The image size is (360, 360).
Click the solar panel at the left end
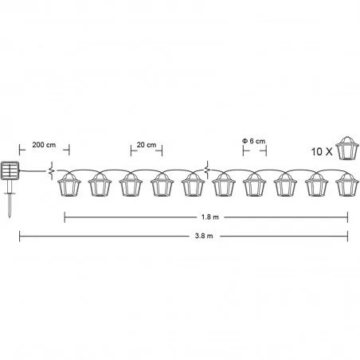point(10,170)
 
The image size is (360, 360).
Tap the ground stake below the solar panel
point(10,199)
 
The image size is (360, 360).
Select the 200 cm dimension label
point(44,145)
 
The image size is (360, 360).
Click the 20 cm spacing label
point(147,145)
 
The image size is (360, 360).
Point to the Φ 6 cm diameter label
point(254,141)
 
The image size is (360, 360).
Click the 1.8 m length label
point(210,217)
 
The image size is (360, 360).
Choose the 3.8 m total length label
point(204,236)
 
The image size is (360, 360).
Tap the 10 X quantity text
point(322,152)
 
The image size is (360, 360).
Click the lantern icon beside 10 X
point(347,148)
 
